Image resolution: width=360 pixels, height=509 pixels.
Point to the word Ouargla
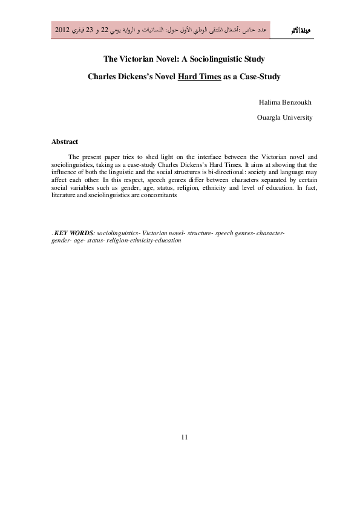269,117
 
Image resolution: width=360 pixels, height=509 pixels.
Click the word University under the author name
298,117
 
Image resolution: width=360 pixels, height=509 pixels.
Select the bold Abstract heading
65,141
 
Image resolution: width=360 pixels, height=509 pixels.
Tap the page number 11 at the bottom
185,437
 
